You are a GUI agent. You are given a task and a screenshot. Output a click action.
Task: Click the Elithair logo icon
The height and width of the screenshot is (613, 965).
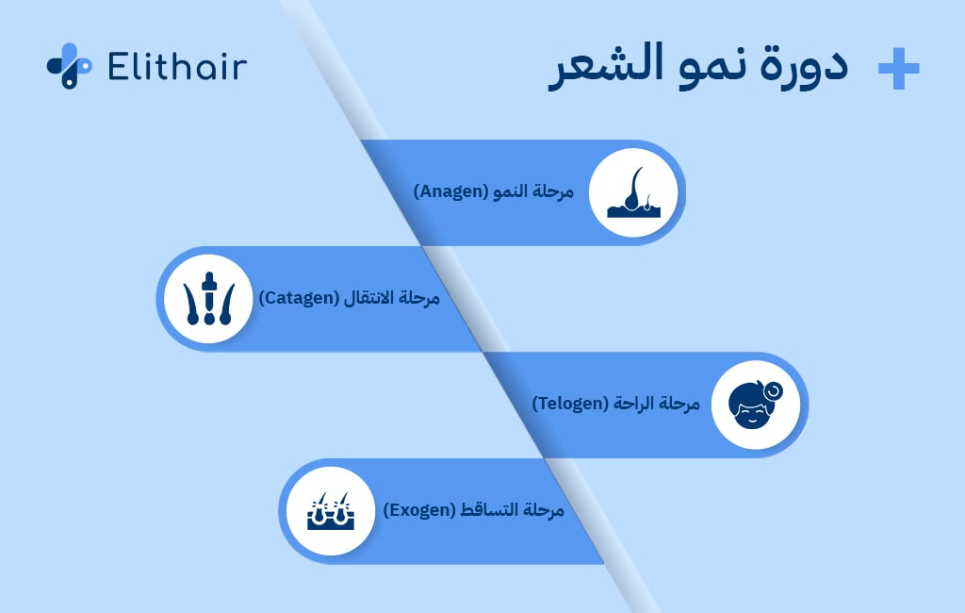tap(69, 66)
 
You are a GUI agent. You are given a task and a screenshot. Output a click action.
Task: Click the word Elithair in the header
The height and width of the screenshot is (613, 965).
tap(177, 67)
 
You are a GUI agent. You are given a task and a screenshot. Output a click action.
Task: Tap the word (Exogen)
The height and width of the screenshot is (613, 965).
tap(418, 510)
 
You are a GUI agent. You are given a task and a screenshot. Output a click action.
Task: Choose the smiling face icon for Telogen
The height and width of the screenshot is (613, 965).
tap(756, 404)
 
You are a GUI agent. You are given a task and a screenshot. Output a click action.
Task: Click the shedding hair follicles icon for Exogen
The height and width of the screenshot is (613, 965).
tap(330, 510)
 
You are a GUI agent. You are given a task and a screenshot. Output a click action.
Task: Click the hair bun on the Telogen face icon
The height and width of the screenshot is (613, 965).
tap(774, 389)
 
